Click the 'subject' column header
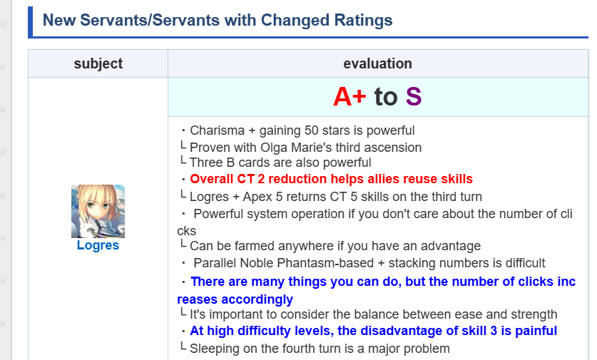pyautogui.click(x=98, y=63)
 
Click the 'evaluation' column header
pyautogui.click(x=378, y=63)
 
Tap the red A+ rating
pyautogui.click(x=349, y=97)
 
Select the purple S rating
pyautogui.click(x=414, y=97)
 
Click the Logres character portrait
pyautogui.click(x=98, y=211)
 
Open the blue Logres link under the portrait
pyautogui.click(x=98, y=245)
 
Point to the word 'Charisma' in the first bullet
pyautogui.click(x=217, y=130)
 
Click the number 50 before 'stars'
pyautogui.click(x=312, y=130)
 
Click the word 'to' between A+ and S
pyautogui.click(x=386, y=97)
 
